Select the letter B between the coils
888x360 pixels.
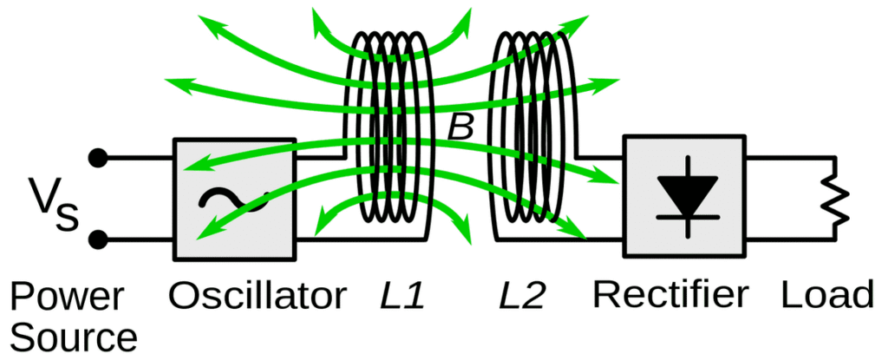tap(460, 128)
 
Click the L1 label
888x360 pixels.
tap(403, 298)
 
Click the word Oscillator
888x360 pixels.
tap(257, 297)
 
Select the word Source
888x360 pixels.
tap(75, 337)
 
